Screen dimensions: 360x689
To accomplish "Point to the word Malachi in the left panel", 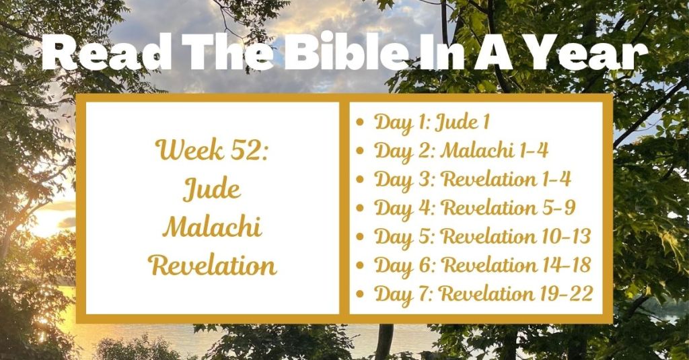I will coord(212,227).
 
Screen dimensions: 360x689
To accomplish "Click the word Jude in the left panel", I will coord(212,189).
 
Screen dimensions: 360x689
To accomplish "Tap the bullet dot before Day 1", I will coord(361,123).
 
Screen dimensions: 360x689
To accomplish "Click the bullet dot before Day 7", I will coord(361,294).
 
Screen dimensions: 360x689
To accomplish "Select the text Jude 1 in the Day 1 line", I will coord(462,122).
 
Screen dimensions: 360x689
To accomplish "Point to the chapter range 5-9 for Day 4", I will coord(558,208).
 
